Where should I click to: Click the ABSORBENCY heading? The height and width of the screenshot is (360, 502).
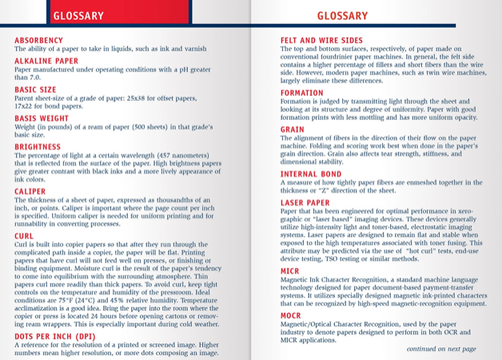pos(38,40)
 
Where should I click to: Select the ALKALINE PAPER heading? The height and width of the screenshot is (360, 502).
pos(46,60)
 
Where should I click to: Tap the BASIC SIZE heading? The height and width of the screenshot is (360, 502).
pos(35,90)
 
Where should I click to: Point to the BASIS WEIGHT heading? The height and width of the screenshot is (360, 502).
pos(42,118)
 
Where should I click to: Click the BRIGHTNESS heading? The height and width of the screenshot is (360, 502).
pos(38,146)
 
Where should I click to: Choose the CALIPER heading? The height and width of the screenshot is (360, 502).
pos(30,191)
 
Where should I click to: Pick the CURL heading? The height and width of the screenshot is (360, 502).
pos(24,236)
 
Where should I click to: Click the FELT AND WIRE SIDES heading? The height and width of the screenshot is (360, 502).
pos(321,40)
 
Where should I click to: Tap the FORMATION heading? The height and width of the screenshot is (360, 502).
pos(302,93)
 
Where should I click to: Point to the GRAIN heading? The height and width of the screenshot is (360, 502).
pos(293,129)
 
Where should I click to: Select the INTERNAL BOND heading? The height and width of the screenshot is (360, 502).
pos(311,174)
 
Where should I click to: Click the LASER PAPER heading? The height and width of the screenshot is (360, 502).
pos(305,203)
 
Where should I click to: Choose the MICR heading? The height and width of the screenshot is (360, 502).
pos(290,271)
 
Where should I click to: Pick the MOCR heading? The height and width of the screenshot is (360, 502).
pos(291,316)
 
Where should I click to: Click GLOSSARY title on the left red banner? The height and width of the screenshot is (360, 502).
pos(78,16)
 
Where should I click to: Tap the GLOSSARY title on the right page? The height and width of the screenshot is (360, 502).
pos(342,16)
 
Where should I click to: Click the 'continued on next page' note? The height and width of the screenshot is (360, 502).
pos(440,349)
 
